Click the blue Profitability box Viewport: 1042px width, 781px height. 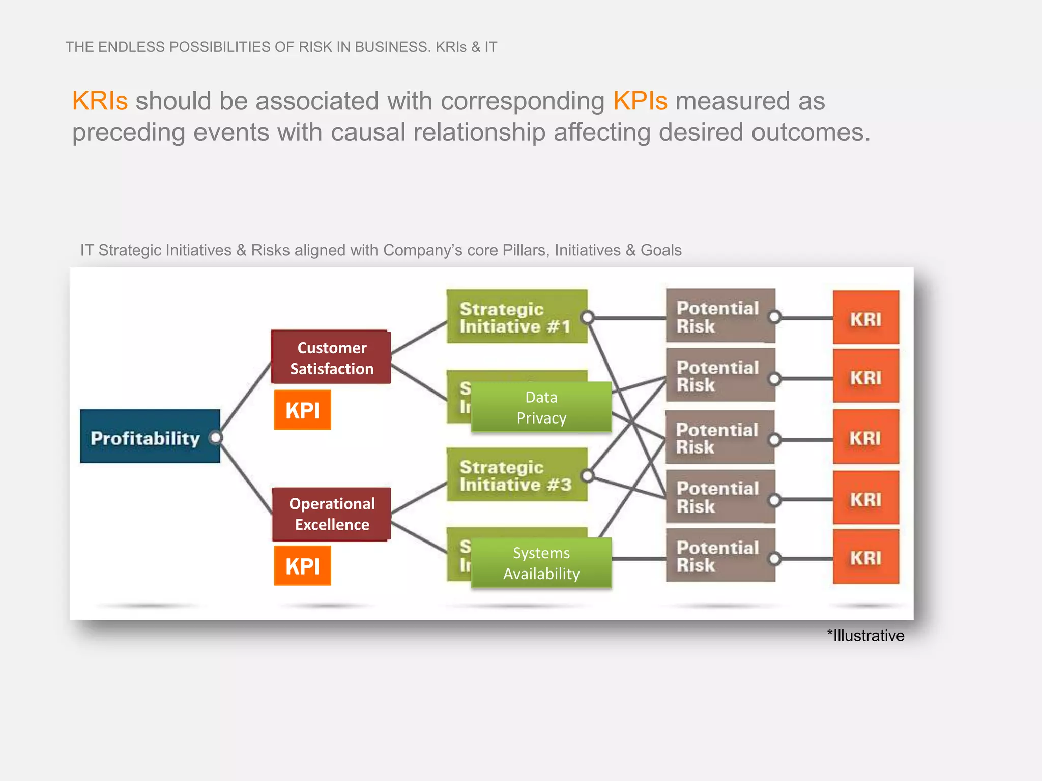pyautogui.click(x=148, y=436)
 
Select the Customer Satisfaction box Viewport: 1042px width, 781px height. pyautogui.click(x=331, y=357)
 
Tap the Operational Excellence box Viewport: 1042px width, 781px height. pyautogui.click(x=332, y=514)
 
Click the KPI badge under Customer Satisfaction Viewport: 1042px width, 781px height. pyautogui.click(x=302, y=410)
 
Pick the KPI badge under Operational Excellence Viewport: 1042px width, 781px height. pyautogui.click(x=302, y=565)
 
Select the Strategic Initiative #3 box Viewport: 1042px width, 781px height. pyautogui.click(x=515, y=475)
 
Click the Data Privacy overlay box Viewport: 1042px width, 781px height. pyautogui.click(x=541, y=407)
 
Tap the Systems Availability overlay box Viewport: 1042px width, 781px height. pyautogui.click(x=541, y=563)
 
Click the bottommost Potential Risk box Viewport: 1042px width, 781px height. pyautogui.click(x=719, y=556)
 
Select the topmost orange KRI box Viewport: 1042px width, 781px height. pyautogui.click(x=865, y=318)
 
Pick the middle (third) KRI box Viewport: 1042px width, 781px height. pyautogui.click(x=865, y=437)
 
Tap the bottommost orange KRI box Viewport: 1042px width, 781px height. pyautogui.click(x=865, y=557)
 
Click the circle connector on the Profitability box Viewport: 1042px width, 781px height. pyautogui.click(x=216, y=437)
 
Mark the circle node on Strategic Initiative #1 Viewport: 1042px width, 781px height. pyautogui.click(x=587, y=318)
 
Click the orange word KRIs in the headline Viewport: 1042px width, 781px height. pyautogui.click(x=100, y=101)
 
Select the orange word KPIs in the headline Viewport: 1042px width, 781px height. pyautogui.click(x=640, y=101)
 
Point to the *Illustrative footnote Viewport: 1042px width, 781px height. pyautogui.click(x=865, y=636)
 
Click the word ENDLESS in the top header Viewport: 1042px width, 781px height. pyautogui.click(x=131, y=47)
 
